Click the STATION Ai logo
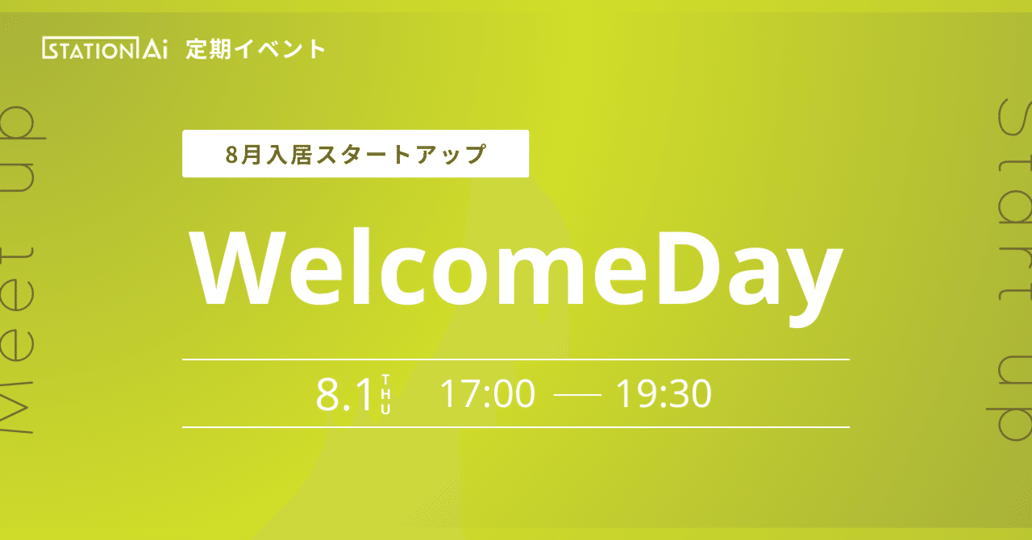click(x=104, y=49)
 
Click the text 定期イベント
click(x=256, y=49)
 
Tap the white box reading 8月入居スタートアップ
click(x=355, y=153)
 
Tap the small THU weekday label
click(x=385, y=394)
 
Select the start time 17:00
click(x=487, y=394)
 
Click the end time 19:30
click(x=664, y=394)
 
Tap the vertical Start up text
click(x=1011, y=270)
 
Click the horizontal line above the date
click(x=516, y=359)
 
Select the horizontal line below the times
click(x=516, y=426)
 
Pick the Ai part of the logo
click(x=152, y=49)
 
